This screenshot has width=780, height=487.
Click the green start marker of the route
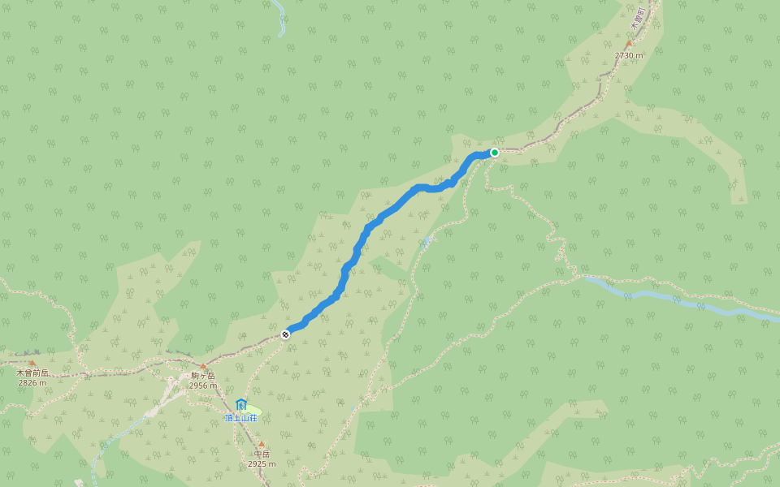(x=494, y=152)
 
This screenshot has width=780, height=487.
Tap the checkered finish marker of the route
(x=285, y=334)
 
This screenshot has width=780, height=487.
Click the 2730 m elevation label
(x=628, y=55)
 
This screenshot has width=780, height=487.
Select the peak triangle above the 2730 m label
(x=628, y=43)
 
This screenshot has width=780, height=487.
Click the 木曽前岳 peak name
(x=33, y=373)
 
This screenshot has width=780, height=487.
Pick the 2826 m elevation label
(x=33, y=383)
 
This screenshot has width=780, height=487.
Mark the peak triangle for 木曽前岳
(x=32, y=363)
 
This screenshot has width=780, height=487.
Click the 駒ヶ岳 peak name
(x=203, y=376)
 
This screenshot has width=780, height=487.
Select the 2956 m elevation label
(x=203, y=386)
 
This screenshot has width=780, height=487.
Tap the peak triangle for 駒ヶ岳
(x=203, y=366)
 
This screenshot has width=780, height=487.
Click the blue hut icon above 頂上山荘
(x=240, y=404)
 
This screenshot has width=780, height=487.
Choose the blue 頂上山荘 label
(x=241, y=418)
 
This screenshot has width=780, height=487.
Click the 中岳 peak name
(x=262, y=455)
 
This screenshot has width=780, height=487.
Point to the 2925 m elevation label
(x=262, y=464)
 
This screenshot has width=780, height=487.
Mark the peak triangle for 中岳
(x=262, y=444)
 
